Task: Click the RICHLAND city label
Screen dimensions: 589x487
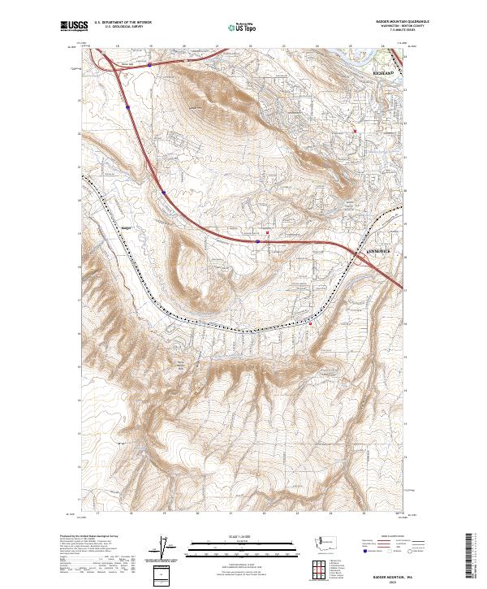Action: pyautogui.click(x=383, y=73)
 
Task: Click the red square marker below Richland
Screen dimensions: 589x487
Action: pyautogui.click(x=355, y=131)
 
